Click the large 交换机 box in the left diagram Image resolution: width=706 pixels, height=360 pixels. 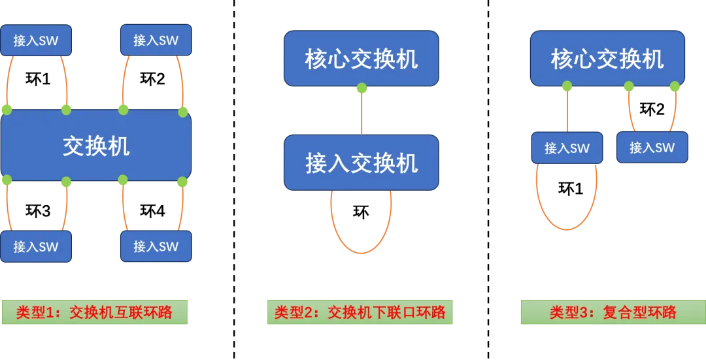96,145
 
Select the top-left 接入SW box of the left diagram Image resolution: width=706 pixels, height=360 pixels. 36,41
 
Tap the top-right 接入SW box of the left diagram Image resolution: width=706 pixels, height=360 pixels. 156,41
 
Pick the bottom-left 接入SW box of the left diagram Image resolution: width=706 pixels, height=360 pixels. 36,247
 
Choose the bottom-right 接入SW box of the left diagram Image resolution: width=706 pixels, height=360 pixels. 156,247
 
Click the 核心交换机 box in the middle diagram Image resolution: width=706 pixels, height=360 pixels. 361,59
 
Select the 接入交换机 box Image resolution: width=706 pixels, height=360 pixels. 361,163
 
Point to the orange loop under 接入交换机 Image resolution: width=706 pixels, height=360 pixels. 361,252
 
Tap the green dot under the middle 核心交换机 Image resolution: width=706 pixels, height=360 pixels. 361,88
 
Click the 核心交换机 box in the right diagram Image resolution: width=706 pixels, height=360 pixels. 607,59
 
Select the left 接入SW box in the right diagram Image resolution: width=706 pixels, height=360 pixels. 567,148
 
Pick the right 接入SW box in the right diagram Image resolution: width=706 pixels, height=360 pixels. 652,148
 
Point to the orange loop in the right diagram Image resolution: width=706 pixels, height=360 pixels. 567,229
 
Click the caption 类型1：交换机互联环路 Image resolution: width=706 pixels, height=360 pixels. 94,312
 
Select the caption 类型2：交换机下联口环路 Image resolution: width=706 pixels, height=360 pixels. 360,312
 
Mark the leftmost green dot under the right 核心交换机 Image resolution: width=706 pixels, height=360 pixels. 567,86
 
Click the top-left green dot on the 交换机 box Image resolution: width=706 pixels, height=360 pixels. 7,110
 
